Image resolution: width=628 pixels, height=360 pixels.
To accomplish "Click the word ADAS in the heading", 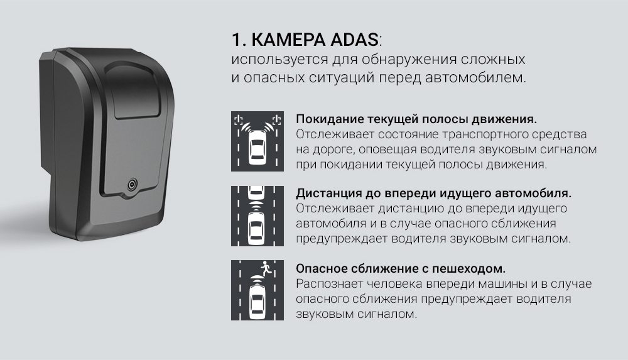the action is pyautogui.click(x=354, y=40).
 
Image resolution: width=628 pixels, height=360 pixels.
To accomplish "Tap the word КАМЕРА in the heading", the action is pyautogui.click(x=288, y=40).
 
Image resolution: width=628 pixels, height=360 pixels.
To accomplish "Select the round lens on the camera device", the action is pyautogui.click(x=132, y=185).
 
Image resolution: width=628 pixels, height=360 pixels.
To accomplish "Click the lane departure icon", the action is pyautogui.click(x=257, y=141).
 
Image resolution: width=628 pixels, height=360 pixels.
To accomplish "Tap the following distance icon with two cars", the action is pyautogui.click(x=257, y=216).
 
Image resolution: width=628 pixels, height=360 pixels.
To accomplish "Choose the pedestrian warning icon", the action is pyautogui.click(x=257, y=290).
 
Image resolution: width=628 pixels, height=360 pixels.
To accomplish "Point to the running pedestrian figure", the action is pyautogui.click(x=266, y=268).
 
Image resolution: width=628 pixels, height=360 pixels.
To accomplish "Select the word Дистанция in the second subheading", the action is pyautogui.click(x=329, y=194).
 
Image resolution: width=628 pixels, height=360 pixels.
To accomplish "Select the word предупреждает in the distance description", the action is pyautogui.click(x=342, y=239).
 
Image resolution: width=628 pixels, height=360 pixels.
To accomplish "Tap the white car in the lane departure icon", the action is pyautogui.click(x=257, y=148).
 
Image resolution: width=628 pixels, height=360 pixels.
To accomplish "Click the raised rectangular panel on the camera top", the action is pyautogui.click(x=134, y=89).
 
